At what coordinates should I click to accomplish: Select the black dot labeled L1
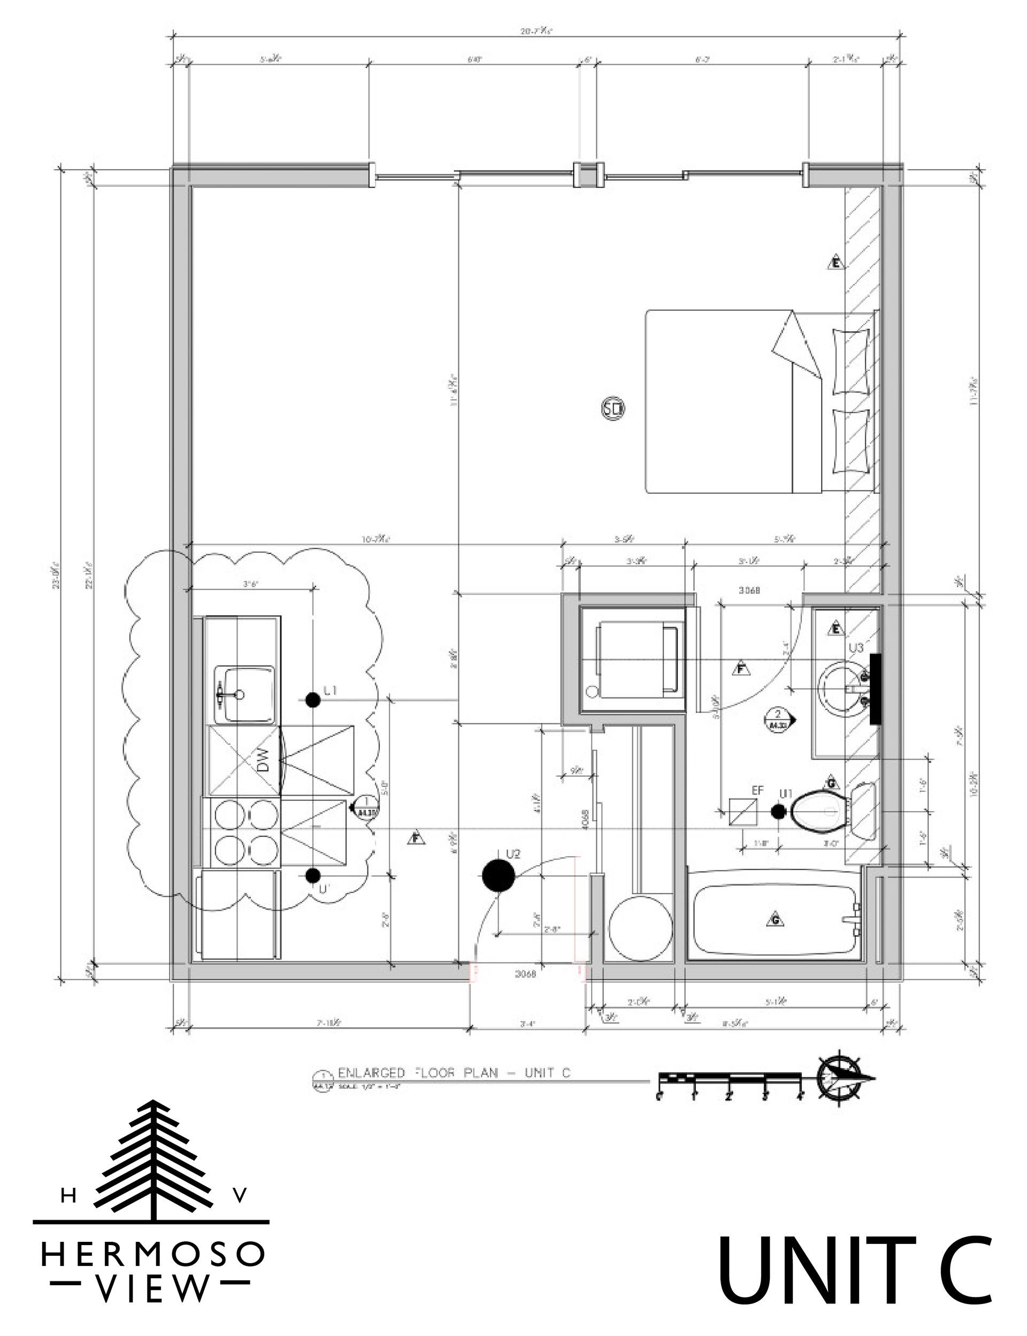(x=313, y=700)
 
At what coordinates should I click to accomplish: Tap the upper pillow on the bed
(x=850, y=361)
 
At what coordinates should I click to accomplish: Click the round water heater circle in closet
(x=641, y=928)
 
